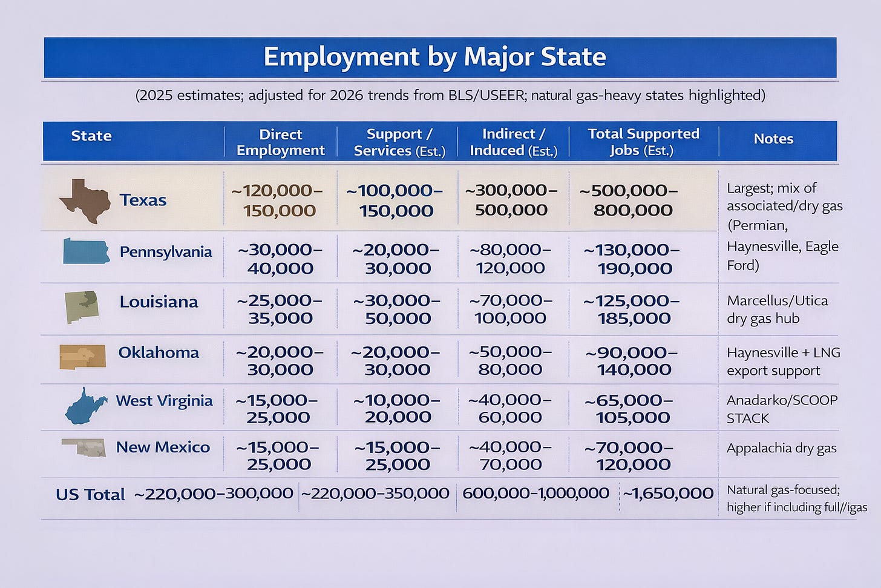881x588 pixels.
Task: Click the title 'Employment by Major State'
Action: [x=434, y=57]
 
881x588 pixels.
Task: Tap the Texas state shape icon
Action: [x=85, y=200]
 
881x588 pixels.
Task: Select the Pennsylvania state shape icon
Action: [x=87, y=251]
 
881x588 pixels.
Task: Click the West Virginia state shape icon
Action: [x=86, y=406]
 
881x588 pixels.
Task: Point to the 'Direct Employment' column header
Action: [x=280, y=142]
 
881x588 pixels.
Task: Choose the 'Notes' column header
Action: [x=773, y=139]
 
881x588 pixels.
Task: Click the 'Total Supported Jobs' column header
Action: [x=643, y=142]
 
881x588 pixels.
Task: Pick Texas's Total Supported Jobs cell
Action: [x=632, y=200]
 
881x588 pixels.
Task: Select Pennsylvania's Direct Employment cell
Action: [x=280, y=259]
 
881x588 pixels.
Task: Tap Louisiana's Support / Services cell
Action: [x=397, y=309]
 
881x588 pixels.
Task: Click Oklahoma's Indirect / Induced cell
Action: [x=510, y=360]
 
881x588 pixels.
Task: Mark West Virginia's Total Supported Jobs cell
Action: [x=632, y=409]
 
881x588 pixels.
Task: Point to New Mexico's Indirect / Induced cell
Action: [x=510, y=455]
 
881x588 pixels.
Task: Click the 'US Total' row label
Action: [x=90, y=495]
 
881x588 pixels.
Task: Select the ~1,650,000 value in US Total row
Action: [x=668, y=494]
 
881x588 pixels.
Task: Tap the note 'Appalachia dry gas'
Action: [x=781, y=448]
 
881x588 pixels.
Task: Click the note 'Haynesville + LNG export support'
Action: [x=782, y=362]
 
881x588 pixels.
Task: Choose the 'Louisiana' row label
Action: [x=159, y=302]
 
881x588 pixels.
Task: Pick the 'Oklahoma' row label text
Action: [x=159, y=352]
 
